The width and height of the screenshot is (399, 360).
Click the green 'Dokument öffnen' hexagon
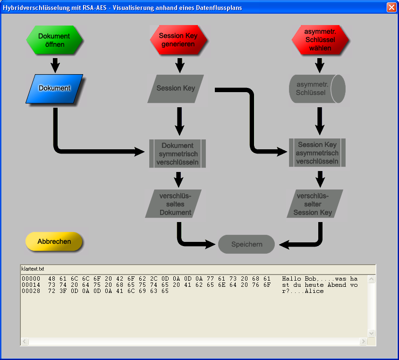54,40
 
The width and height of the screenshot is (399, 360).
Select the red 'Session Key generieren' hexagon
178,40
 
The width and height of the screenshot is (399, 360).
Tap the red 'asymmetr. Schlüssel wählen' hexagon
320,41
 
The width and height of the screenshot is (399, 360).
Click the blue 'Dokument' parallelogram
54,88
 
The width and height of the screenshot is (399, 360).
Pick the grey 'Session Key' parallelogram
176,88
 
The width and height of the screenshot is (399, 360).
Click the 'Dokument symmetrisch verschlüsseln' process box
178,154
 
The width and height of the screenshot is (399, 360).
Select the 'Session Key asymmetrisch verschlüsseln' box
317,153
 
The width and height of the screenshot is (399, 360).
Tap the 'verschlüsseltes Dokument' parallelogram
175,204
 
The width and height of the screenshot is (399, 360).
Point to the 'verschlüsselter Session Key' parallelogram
315,204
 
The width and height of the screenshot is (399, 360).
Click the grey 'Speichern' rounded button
246,244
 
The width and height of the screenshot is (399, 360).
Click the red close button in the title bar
391,7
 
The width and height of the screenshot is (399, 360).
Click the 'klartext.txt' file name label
33,268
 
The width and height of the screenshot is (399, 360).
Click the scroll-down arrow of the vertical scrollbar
371,333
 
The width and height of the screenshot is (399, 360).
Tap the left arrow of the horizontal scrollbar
25,341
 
